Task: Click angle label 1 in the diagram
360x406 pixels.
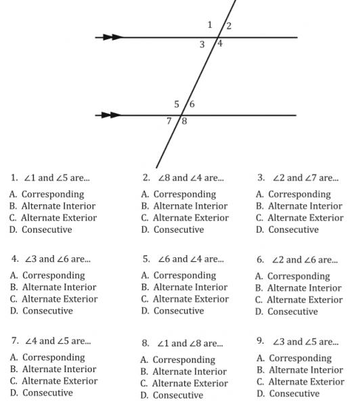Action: [210, 25]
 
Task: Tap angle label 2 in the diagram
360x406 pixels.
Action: [229, 26]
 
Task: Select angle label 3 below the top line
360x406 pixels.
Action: [202, 45]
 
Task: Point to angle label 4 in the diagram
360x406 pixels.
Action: [220, 43]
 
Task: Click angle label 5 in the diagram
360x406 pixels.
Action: [177, 104]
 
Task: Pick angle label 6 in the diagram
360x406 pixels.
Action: [192, 104]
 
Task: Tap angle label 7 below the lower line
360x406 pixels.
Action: [169, 120]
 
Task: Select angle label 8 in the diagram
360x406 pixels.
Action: [184, 121]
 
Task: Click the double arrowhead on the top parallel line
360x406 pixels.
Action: [112, 37]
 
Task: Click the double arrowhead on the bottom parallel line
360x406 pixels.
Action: [111, 115]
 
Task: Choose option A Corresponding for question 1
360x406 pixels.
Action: [47, 194]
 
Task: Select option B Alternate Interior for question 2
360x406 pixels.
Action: [185, 206]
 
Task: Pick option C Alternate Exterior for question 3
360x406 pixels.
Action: [300, 218]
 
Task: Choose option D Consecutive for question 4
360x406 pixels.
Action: [41, 311]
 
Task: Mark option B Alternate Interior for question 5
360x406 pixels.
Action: [185, 287]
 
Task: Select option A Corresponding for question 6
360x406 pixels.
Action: [292, 276]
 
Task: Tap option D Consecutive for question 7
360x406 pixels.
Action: [41, 392]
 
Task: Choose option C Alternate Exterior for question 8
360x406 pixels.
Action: [184, 383]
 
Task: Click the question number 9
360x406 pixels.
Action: [261, 340]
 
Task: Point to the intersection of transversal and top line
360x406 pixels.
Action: [219, 37]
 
